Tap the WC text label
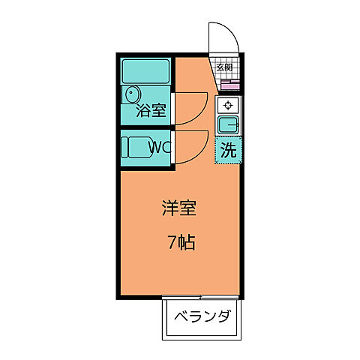tap(160, 147)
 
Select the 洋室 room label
tap(179, 209)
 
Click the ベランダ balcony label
tap(202, 315)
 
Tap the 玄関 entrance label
tap(224, 67)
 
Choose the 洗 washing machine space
tap(228, 148)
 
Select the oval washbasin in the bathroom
tap(132, 95)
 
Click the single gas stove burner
tap(228, 105)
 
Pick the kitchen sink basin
tap(228, 124)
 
